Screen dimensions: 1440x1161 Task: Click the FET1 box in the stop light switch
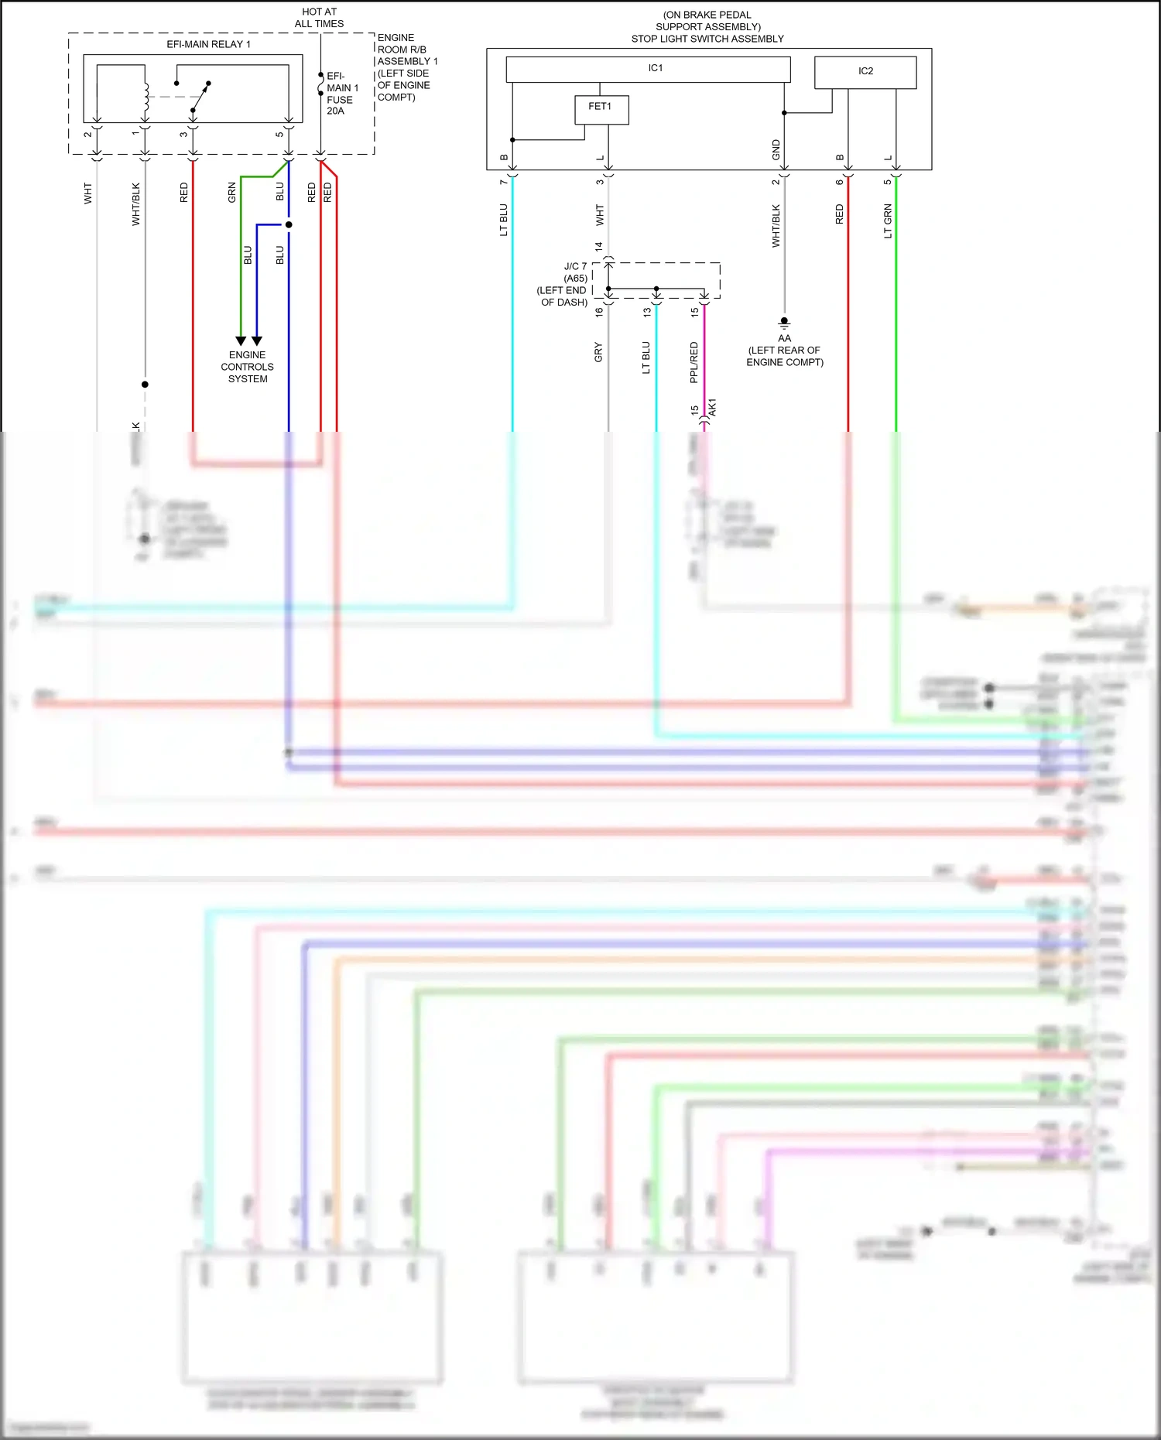(601, 109)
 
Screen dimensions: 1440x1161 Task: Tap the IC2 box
(865, 72)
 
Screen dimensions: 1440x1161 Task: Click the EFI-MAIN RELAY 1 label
(208, 44)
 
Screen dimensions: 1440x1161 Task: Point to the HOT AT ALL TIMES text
(319, 18)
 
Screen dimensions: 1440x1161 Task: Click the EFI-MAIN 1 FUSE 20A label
(341, 94)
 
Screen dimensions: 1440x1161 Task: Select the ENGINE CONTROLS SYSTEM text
(247, 367)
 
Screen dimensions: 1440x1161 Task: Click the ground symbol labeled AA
(784, 323)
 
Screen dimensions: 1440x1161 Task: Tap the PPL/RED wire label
(694, 362)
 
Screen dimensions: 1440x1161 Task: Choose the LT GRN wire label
(888, 221)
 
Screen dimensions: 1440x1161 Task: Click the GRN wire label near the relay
(231, 193)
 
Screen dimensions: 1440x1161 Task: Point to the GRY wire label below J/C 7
(598, 352)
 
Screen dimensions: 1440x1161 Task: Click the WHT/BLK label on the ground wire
(776, 225)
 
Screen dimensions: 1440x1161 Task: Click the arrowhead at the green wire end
(241, 340)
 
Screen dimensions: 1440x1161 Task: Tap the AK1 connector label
(712, 408)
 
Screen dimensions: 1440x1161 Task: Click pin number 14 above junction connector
(598, 247)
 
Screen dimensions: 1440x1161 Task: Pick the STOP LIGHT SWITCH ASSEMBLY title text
(707, 39)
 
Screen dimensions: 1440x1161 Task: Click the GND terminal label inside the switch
(776, 150)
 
